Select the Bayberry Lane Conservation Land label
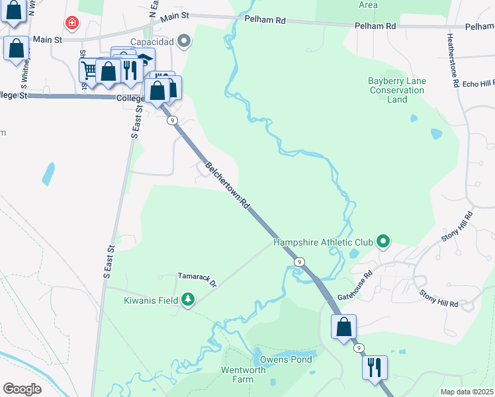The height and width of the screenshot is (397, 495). [397, 90]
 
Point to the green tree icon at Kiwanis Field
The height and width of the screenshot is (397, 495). [188, 300]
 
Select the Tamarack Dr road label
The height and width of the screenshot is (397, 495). [197, 279]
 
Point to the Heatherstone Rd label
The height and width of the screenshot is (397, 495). [453, 61]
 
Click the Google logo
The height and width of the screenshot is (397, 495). [22, 388]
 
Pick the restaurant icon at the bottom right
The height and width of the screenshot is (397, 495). [375, 367]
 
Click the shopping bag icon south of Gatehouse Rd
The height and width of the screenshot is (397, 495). [343, 327]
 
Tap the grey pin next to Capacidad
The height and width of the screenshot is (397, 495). [185, 42]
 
